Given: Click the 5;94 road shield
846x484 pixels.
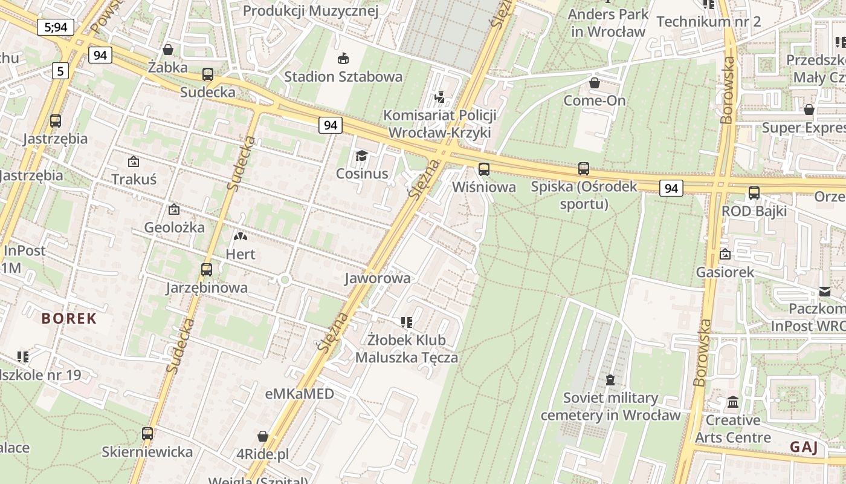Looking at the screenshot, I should (55, 27).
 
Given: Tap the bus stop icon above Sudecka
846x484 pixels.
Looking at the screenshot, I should (208, 74).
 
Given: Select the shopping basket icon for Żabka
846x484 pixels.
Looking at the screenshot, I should (168, 49).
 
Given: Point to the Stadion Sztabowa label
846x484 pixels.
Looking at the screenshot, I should (343, 77).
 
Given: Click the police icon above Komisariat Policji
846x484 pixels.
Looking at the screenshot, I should (440, 97).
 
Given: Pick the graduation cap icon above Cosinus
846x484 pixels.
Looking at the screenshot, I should (361, 156).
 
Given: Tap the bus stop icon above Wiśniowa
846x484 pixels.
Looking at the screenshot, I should (483, 169).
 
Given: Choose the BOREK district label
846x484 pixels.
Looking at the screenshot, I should (69, 318).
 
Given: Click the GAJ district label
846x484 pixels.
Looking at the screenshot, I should (803, 447).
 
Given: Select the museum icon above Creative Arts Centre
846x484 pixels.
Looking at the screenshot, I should (733, 402).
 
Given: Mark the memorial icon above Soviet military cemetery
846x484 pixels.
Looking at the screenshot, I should (610, 380).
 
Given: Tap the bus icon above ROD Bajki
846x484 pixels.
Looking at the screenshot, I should (754, 193).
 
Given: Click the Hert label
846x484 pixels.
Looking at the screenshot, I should (241, 254).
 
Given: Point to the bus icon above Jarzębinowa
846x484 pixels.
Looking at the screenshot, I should (207, 269).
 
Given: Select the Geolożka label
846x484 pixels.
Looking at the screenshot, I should (174, 227).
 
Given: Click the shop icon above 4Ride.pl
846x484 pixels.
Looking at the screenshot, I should (263, 436).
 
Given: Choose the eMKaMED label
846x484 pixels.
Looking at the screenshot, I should (299, 394).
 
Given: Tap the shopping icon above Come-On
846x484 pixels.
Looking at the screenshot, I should (595, 83).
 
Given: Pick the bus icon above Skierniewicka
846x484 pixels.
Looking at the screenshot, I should (147, 433).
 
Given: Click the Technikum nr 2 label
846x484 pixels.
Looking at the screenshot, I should (708, 22).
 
